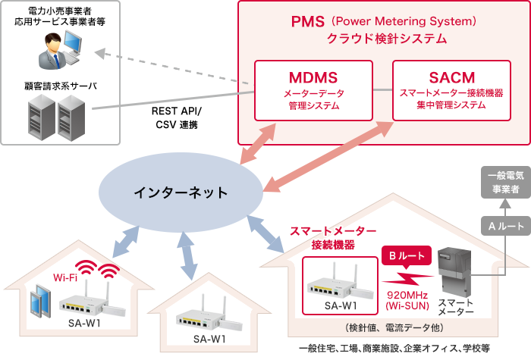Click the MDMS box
(313, 91)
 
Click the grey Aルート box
(502, 225)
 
